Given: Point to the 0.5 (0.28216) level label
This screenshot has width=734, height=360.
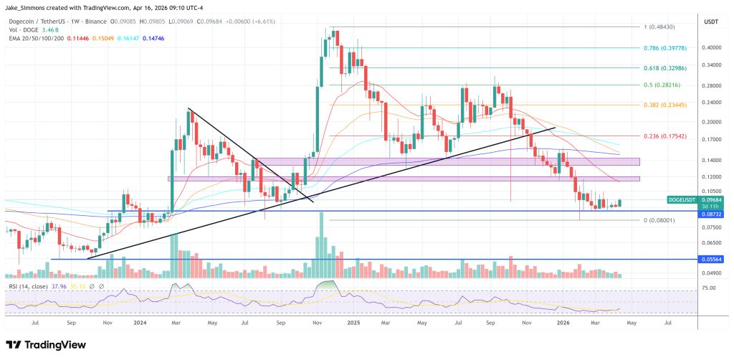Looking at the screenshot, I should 664,85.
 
